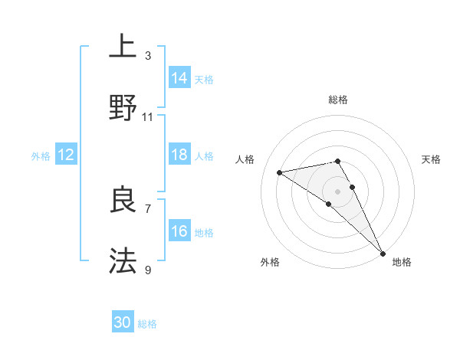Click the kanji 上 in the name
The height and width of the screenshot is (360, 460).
pyautogui.click(x=123, y=47)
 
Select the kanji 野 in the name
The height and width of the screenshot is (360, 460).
pyautogui.click(x=123, y=108)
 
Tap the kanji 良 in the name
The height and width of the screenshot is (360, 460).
pyautogui.click(x=123, y=200)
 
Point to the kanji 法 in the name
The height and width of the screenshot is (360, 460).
pyautogui.click(x=123, y=261)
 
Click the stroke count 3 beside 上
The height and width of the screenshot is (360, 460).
pyautogui.click(x=148, y=55)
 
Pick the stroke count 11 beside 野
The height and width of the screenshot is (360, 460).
pyautogui.click(x=148, y=116)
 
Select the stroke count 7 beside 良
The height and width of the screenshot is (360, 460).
pyautogui.click(x=148, y=208)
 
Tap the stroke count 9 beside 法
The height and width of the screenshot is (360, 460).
pyautogui.click(x=148, y=270)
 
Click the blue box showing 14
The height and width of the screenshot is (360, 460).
pyautogui.click(x=179, y=77)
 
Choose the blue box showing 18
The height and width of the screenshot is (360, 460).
pyautogui.click(x=179, y=155)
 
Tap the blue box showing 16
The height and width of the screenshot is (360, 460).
pyautogui.click(x=179, y=231)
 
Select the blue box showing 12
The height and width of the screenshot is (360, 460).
pyautogui.click(x=66, y=155)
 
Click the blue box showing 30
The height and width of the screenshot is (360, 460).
pyautogui.click(x=123, y=322)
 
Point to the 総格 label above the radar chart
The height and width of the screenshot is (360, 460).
pyautogui.click(x=338, y=100)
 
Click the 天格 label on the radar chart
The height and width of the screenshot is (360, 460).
pyautogui.click(x=432, y=159)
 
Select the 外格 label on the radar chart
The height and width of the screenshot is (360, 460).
pyautogui.click(x=270, y=262)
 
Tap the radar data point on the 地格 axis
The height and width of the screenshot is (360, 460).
pyautogui.click(x=383, y=253)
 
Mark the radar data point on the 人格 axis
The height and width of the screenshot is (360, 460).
pyautogui.click(x=280, y=172)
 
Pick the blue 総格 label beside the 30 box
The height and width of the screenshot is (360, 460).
pyautogui.click(x=147, y=324)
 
